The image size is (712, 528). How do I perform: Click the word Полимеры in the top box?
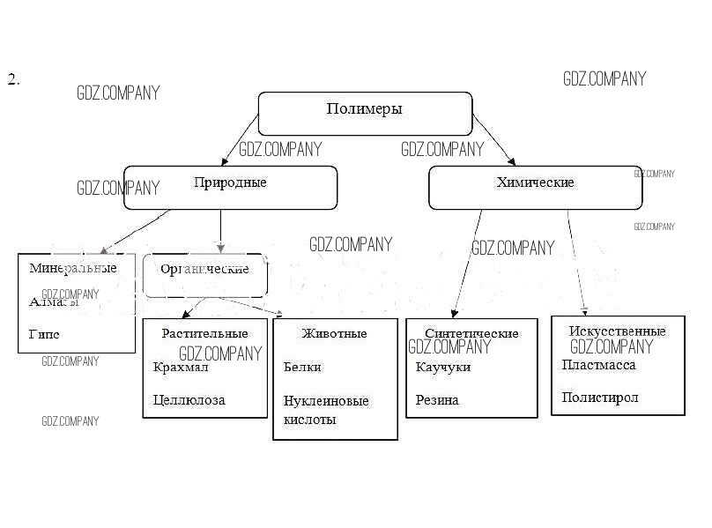[364, 109]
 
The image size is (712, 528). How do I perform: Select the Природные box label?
[229, 182]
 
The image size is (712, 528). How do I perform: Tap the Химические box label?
[535, 182]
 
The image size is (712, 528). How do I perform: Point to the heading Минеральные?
[73, 267]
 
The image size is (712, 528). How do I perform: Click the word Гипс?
[44, 335]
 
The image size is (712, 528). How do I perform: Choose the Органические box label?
[204, 269]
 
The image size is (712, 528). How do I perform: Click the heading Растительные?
[204, 333]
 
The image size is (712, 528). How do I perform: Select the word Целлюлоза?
[189, 400]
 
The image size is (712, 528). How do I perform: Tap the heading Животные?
[334, 333]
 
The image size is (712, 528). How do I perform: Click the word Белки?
[302, 367]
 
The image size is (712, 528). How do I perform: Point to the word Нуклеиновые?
[326, 401]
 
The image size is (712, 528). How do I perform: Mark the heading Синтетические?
[471, 333]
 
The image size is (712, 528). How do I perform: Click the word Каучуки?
[442, 367]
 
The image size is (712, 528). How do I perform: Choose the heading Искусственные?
[617, 331]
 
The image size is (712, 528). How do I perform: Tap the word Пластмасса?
[598, 364]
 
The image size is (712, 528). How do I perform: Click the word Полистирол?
[599, 398]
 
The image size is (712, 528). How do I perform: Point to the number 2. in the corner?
[13, 80]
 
